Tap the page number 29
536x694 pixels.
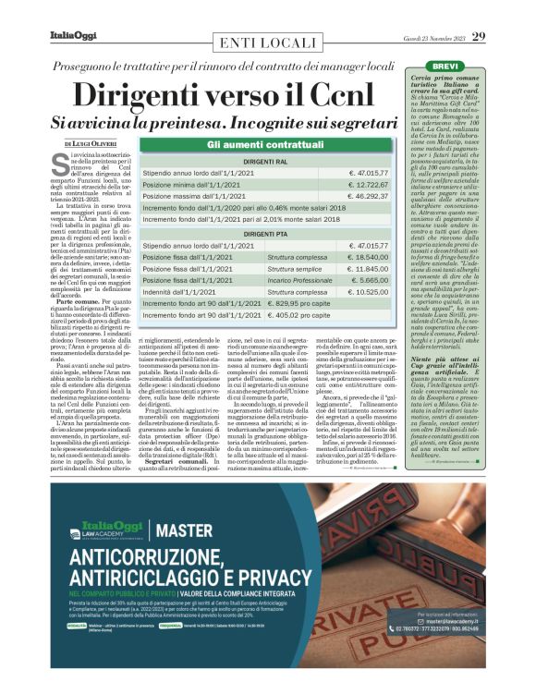(x=478, y=36)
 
